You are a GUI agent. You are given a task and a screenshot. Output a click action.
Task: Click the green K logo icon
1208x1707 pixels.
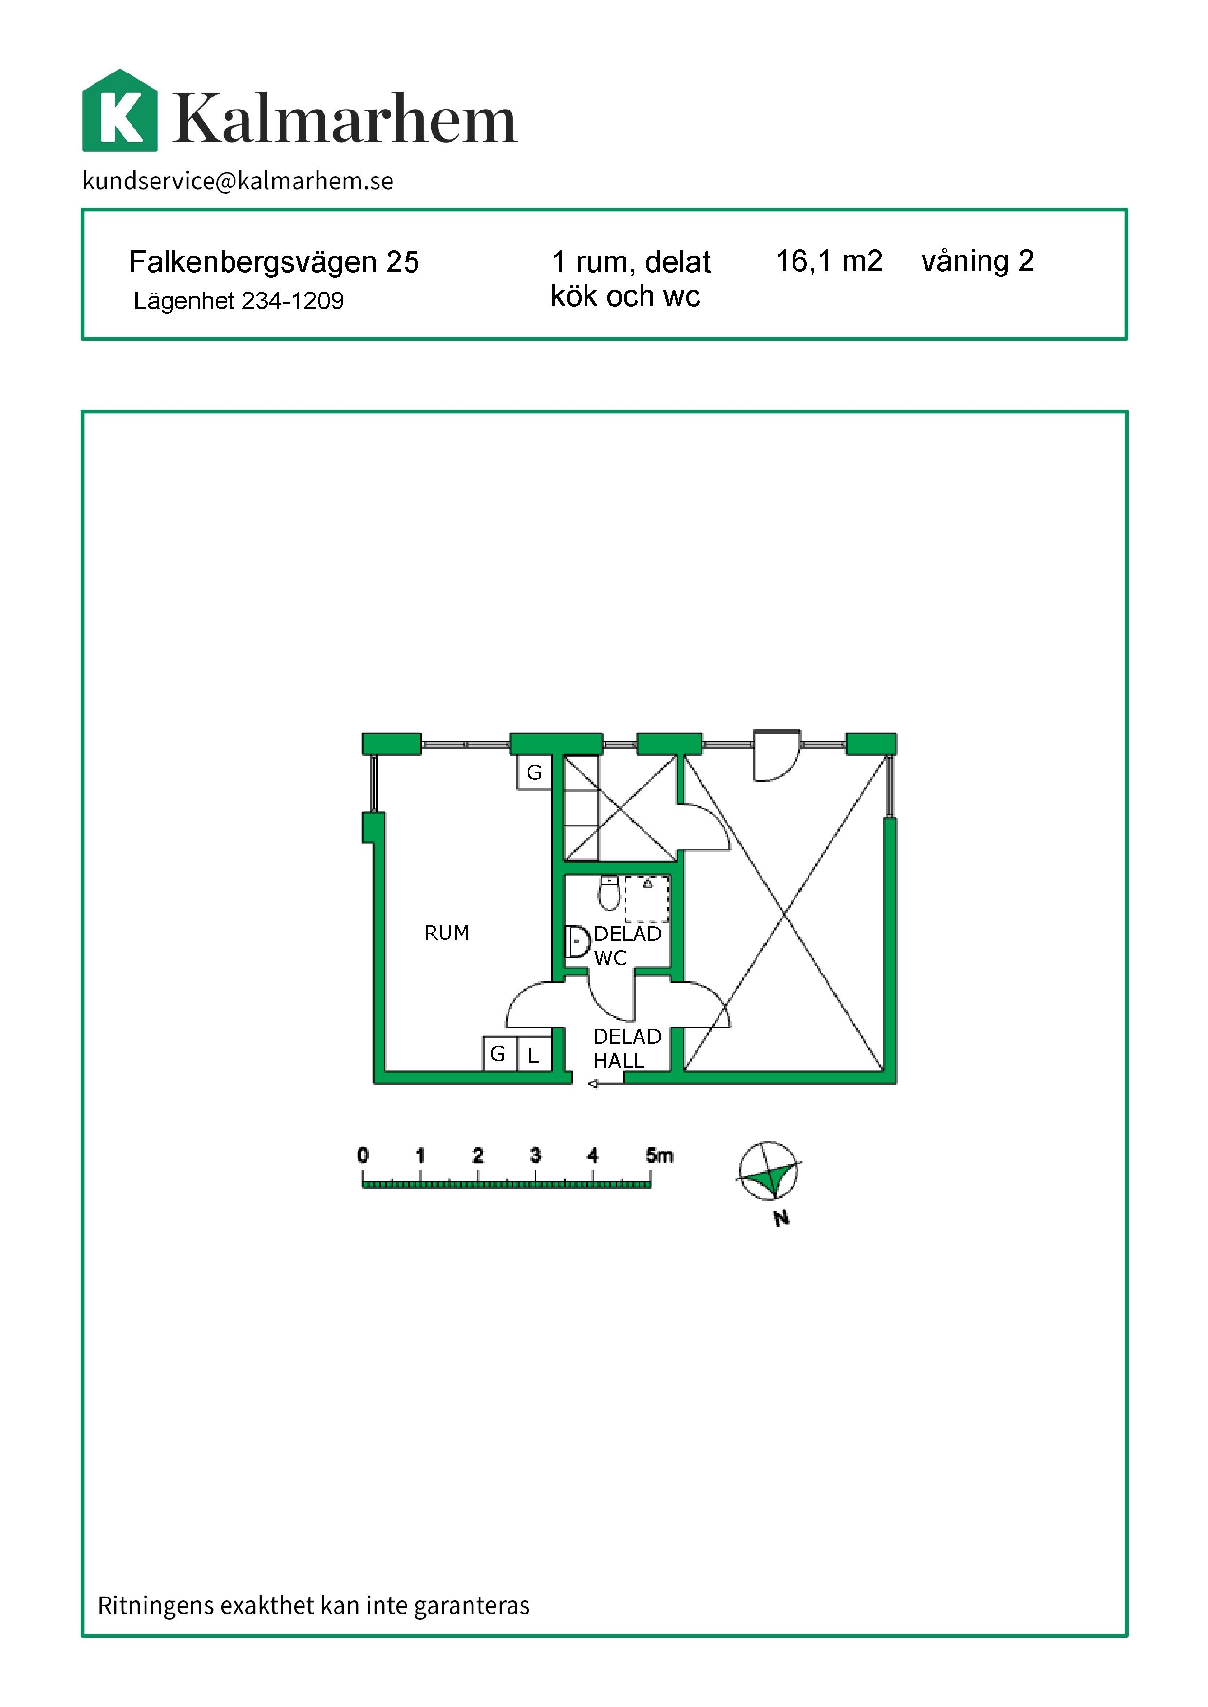[120, 111]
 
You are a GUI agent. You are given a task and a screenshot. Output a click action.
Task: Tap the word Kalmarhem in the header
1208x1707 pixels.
[344, 118]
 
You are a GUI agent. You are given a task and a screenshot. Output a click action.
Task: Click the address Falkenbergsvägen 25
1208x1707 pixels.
[274, 262]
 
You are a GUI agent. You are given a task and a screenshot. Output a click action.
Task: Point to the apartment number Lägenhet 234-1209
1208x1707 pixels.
[239, 300]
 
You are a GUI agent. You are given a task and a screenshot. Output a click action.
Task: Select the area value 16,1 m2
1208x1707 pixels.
[829, 261]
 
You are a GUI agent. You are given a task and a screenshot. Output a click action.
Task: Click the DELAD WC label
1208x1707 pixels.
[627, 946]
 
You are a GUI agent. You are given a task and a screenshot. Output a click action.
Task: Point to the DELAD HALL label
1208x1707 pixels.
[627, 1048]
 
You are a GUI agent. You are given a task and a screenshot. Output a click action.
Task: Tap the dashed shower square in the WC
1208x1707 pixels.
[646, 899]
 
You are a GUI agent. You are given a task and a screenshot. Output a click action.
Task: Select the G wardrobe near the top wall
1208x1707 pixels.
[534, 772]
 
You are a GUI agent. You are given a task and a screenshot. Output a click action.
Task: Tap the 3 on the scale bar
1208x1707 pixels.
[536, 1155]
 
